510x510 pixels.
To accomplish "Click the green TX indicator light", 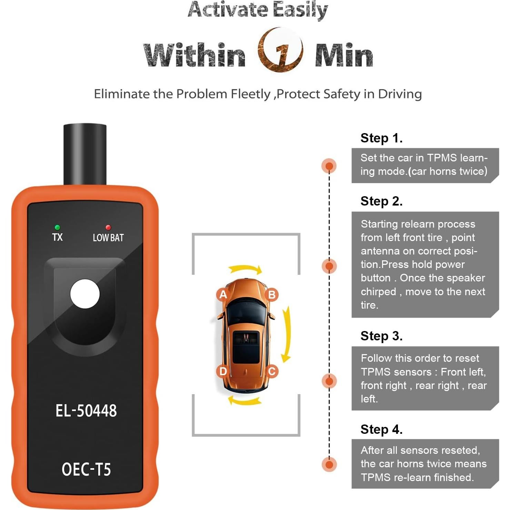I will point(57,227).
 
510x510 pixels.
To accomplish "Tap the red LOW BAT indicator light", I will point(108,227).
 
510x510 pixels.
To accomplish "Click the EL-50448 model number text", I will point(86,411).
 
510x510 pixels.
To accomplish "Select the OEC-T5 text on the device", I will point(86,469).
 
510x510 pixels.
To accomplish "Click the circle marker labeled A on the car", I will point(223,294).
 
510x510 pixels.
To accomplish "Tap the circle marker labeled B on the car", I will point(271,295).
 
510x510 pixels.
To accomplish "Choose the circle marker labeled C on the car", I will point(271,371).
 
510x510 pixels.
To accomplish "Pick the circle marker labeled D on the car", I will point(223,371).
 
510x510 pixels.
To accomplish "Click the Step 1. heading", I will point(381,138).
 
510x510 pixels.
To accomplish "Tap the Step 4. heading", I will point(381,430).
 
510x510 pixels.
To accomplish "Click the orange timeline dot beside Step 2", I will point(329,266).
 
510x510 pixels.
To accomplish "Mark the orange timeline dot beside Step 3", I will point(329,381).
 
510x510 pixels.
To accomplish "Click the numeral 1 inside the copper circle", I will point(281,52).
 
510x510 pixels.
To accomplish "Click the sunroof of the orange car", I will point(246,347).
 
